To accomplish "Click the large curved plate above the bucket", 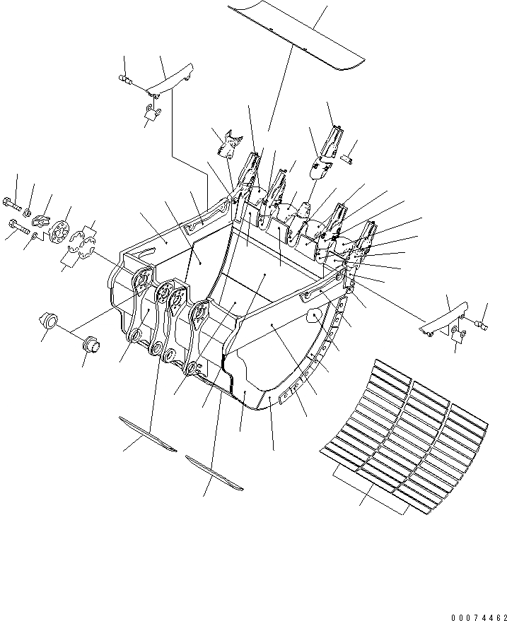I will click(x=296, y=35).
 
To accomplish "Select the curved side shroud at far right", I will click(x=445, y=316).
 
